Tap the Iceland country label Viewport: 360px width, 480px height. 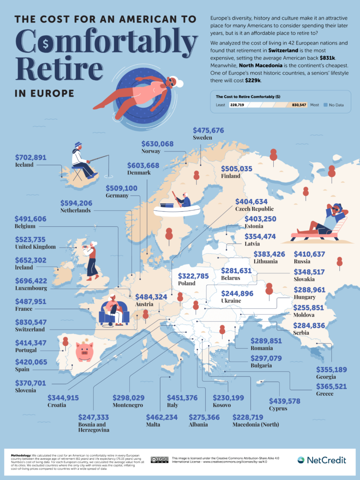[x=24, y=165]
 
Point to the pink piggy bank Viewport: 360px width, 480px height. [x=84, y=351]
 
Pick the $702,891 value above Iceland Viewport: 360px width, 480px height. [x=31, y=157]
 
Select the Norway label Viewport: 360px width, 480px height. [x=151, y=151]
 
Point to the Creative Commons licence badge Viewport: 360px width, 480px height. [x=159, y=460]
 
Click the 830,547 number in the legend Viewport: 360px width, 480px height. [x=295, y=105]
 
